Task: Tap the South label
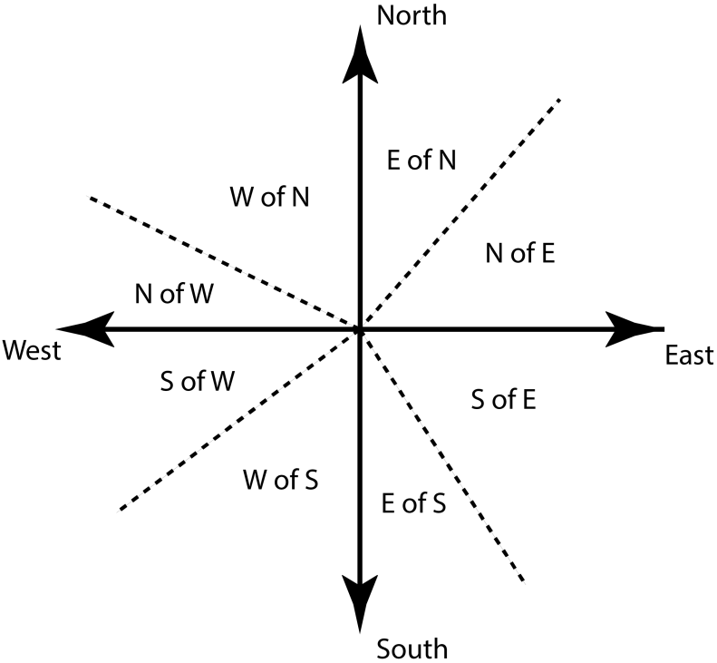[412, 648]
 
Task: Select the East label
[689, 356]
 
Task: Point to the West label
[32, 350]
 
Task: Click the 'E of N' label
[421, 161]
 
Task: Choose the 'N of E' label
[520, 254]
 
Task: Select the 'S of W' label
[197, 382]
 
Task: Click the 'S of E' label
[505, 398]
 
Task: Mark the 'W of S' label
[280, 478]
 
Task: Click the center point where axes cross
[360, 329]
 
